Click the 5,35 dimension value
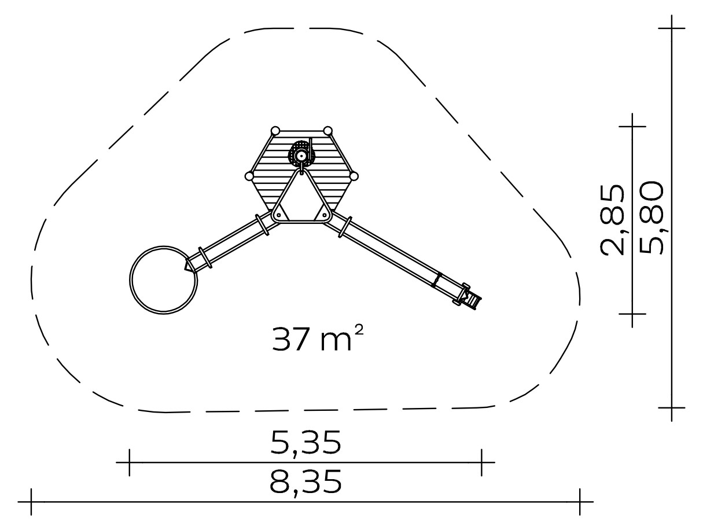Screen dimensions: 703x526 click(x=306, y=443)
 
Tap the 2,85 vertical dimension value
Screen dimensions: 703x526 click(x=612, y=220)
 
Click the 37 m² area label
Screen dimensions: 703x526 click(x=318, y=339)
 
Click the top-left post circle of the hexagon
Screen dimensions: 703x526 click(x=275, y=131)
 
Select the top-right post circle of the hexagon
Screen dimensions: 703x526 click(x=328, y=131)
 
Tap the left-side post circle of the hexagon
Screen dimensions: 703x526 click(x=249, y=176)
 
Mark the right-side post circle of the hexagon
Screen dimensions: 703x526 click(x=354, y=176)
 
